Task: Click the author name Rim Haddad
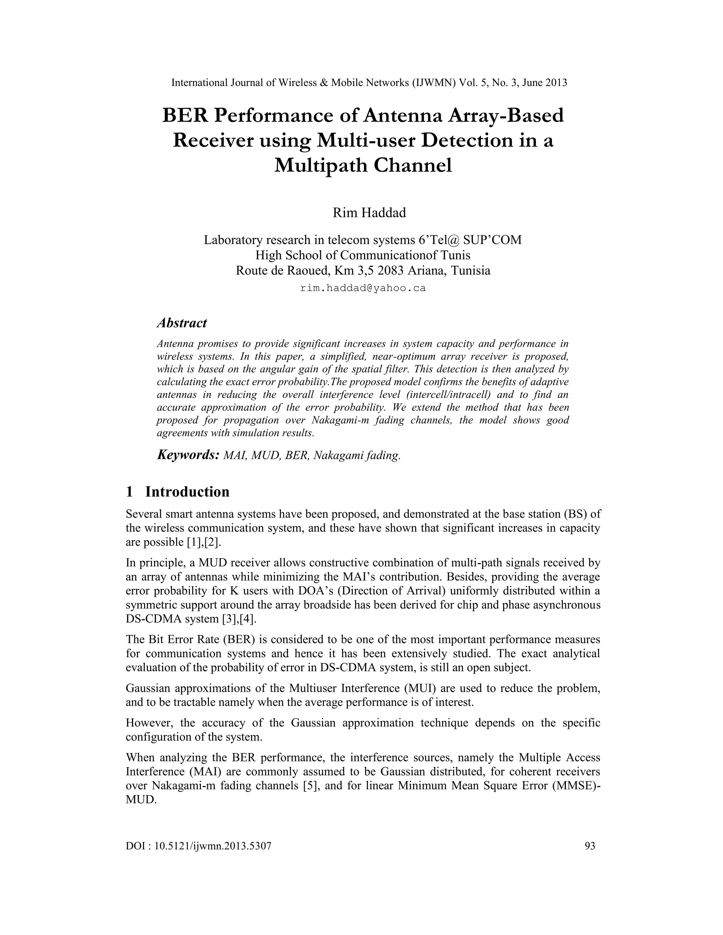click(369, 213)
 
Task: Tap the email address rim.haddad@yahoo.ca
click(363, 288)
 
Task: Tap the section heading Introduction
click(187, 491)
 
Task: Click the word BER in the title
click(185, 116)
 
